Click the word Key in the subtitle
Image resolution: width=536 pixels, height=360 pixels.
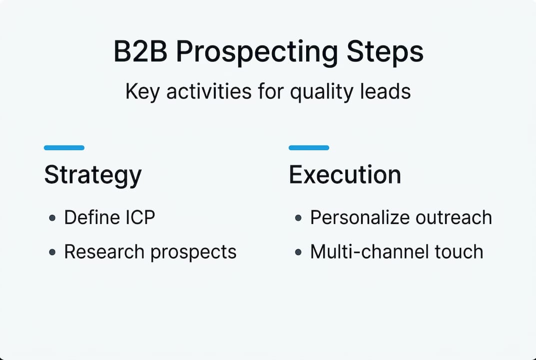pos(139,92)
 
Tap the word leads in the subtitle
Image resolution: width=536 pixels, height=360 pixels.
pos(390,92)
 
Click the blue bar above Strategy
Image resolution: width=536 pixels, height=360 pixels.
pos(64,147)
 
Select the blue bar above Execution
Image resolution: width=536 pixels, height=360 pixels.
pos(309,147)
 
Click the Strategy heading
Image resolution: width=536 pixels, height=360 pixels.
pos(93,175)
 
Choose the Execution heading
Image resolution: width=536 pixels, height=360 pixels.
pos(345,175)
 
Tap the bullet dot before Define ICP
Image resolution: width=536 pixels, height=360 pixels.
pos(52,218)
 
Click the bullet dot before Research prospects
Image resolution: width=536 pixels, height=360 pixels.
pos(52,252)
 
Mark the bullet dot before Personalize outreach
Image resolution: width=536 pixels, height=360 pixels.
pos(298,218)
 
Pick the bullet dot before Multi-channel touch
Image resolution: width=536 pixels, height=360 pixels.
pos(298,252)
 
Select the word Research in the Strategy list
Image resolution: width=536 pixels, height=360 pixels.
pos(104,251)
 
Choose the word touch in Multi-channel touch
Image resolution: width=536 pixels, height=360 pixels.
pos(459,251)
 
